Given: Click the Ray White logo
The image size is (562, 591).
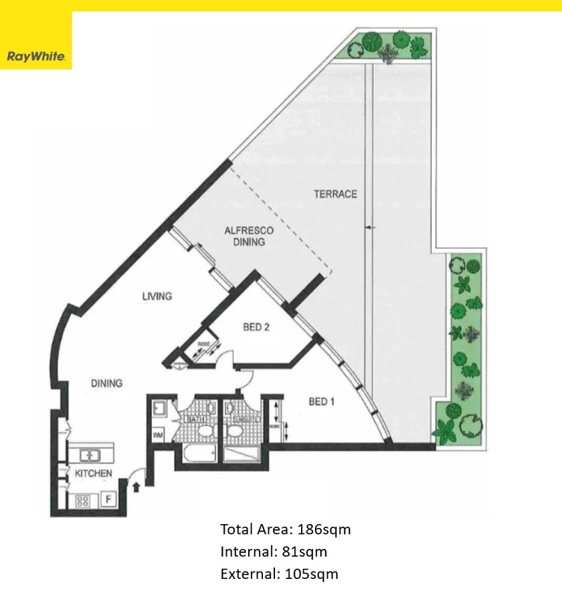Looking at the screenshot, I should click(x=35, y=57).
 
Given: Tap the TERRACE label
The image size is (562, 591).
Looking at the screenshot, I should click(x=335, y=194).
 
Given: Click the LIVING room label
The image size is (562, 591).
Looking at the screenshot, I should click(x=157, y=296).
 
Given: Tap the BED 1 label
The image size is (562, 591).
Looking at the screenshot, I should click(x=321, y=402).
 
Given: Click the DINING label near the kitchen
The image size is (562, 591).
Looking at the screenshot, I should click(x=106, y=384).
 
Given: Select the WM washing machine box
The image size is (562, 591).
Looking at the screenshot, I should click(x=159, y=436).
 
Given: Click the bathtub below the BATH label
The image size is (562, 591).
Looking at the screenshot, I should click(x=195, y=455).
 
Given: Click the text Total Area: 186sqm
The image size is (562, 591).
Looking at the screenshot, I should click(x=286, y=529).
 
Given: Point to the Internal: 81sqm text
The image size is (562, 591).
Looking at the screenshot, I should click(x=274, y=552).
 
